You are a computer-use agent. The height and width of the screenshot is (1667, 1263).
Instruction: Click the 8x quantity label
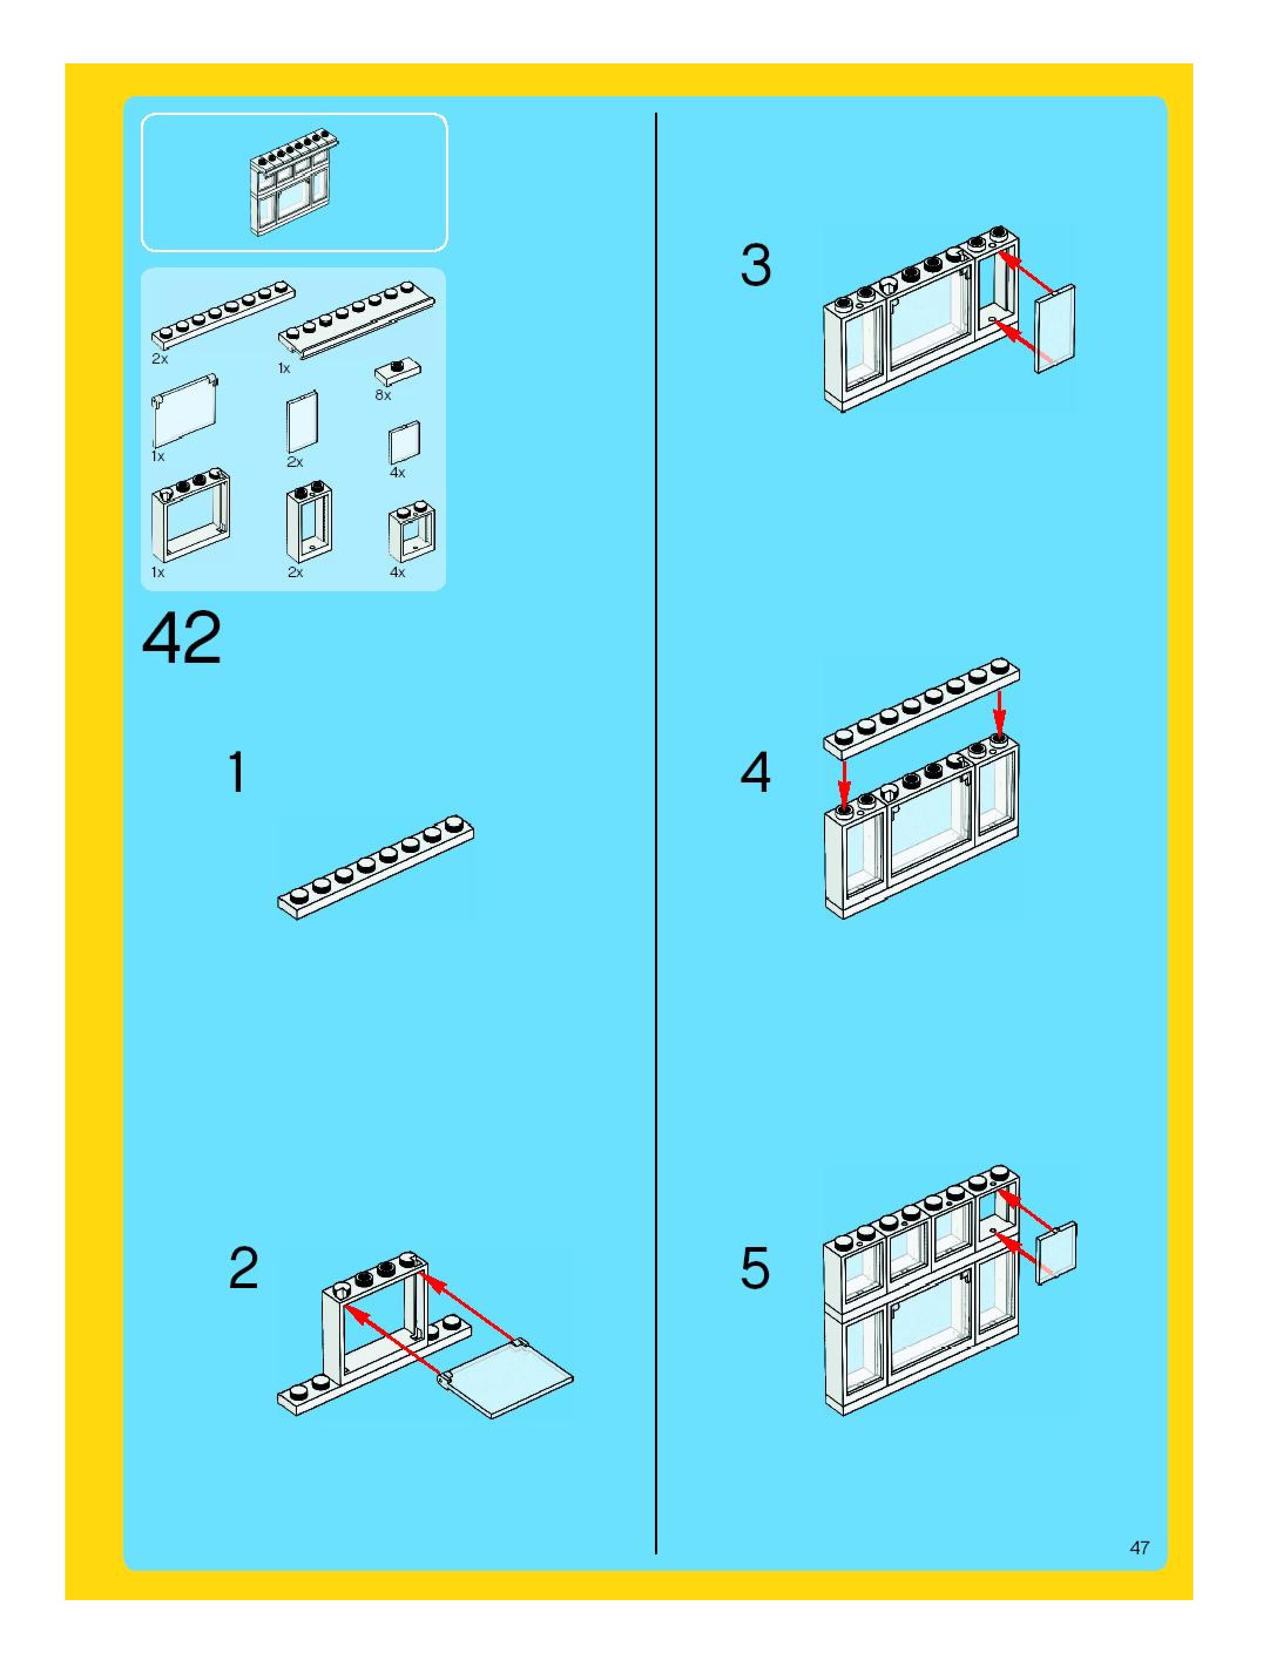[383, 395]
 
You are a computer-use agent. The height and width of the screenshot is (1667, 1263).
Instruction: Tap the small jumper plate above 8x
[397, 370]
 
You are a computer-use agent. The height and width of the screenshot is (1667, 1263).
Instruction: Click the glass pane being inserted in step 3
[1056, 328]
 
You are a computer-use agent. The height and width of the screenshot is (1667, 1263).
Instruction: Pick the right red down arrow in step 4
[999, 711]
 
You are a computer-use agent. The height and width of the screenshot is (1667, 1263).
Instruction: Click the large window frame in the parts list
[191, 513]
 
